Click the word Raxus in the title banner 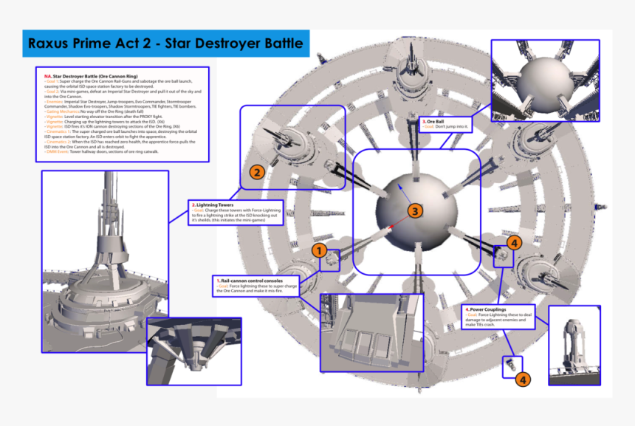click(x=52, y=44)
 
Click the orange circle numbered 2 click(x=256, y=173)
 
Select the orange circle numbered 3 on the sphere click(x=415, y=212)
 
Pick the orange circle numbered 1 click(x=319, y=250)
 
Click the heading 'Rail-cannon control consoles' click(x=252, y=281)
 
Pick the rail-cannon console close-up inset click(x=371, y=332)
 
